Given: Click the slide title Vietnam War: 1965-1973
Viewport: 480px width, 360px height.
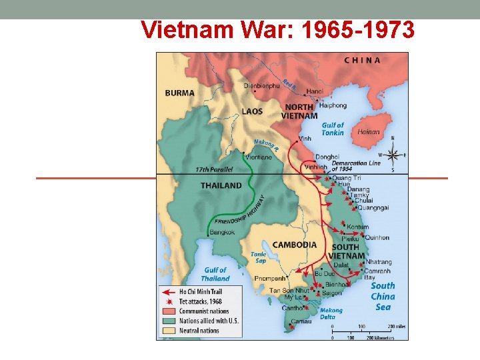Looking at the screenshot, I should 278,29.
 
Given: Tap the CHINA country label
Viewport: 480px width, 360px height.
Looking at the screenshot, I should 363,60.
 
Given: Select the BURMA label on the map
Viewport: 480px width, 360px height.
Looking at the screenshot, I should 180,93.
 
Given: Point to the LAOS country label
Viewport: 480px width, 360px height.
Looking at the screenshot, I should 252,111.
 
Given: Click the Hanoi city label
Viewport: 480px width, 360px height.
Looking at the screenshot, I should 315,91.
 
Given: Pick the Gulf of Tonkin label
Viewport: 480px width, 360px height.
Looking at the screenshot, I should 333,129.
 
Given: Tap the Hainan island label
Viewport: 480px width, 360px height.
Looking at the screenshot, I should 369,132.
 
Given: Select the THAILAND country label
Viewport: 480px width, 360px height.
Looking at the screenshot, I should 221,185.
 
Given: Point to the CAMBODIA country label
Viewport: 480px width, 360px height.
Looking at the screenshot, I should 294,245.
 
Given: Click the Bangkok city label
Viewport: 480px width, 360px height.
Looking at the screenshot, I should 222,232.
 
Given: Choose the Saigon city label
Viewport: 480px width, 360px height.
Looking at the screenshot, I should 331,293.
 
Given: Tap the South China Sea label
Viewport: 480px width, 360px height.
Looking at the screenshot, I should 383,296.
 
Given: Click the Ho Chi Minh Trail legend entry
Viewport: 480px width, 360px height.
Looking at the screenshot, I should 197,291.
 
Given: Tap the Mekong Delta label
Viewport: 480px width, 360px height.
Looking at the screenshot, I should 331,313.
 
